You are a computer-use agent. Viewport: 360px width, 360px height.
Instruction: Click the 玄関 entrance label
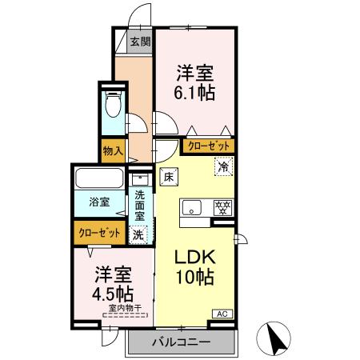[x=140, y=42]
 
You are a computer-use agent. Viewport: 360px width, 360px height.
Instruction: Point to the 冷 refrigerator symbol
[x=224, y=166]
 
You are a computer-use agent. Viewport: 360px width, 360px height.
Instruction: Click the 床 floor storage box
[x=169, y=176]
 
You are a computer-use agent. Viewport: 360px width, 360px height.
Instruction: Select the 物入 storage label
[x=113, y=150]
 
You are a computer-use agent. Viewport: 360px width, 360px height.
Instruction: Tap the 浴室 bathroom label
[x=99, y=203]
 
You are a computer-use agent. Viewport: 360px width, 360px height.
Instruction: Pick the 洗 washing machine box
[x=138, y=235]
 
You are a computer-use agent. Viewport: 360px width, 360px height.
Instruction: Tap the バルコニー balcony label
[x=181, y=343]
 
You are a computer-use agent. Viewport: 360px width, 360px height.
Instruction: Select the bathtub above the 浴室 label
[x=98, y=178]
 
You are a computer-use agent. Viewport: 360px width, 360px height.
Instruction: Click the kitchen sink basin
[x=194, y=208]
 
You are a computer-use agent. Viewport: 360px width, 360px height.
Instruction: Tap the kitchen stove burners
[x=222, y=207]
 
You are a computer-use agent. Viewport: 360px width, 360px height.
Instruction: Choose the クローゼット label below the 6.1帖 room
[x=209, y=146]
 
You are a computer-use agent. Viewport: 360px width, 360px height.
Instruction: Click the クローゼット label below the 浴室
[x=100, y=233]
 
